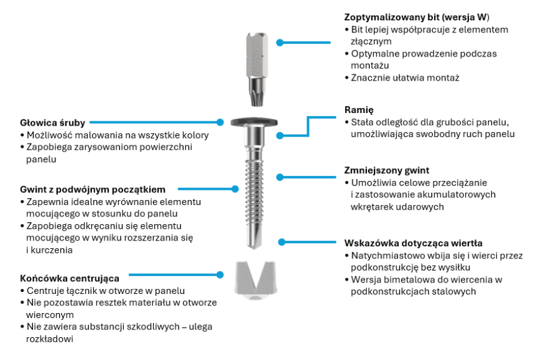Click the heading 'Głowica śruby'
(x=52, y=123)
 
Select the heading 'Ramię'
(x=359, y=109)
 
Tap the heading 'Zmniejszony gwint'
(x=387, y=170)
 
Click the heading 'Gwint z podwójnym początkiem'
(x=93, y=189)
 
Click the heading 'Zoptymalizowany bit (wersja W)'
(x=416, y=17)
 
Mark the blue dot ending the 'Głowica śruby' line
(x=220, y=121)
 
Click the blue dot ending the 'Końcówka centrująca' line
(x=220, y=275)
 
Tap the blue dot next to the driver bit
(x=280, y=43)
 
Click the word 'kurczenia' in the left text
(x=51, y=250)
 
